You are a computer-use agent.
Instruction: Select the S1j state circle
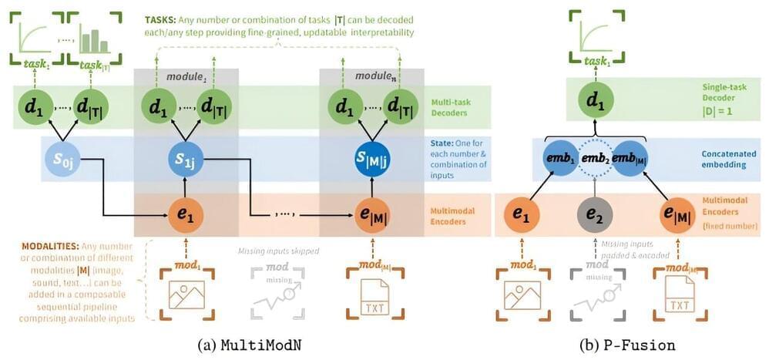(185, 160)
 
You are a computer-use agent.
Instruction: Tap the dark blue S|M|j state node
(371, 160)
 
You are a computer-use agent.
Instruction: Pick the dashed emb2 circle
(593, 160)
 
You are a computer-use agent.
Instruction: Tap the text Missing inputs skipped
(280, 251)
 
